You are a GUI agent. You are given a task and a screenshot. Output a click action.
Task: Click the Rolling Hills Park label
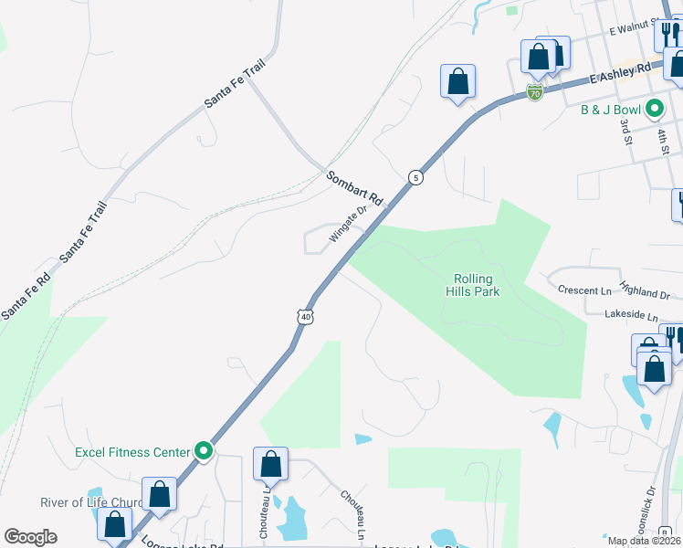tap(472, 286)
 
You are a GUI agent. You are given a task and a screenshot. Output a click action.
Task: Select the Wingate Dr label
tap(347, 225)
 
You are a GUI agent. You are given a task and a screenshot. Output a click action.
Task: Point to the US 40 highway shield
tap(305, 316)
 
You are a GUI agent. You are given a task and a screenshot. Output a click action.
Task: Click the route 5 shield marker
tap(415, 177)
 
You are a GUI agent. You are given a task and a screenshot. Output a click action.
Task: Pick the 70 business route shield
tap(535, 92)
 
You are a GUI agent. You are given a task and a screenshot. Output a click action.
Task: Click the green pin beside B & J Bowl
tap(654, 110)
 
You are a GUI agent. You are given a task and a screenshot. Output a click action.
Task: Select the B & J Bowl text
tap(611, 110)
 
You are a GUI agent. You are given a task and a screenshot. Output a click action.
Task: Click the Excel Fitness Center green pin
tap(205, 451)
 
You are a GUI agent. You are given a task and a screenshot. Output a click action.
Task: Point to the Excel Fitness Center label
tap(131, 451)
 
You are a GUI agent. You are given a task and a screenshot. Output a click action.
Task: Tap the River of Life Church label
tap(91, 503)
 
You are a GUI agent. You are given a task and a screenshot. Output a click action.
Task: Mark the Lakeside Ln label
tap(631, 315)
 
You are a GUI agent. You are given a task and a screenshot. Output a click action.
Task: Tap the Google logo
tap(30, 537)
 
